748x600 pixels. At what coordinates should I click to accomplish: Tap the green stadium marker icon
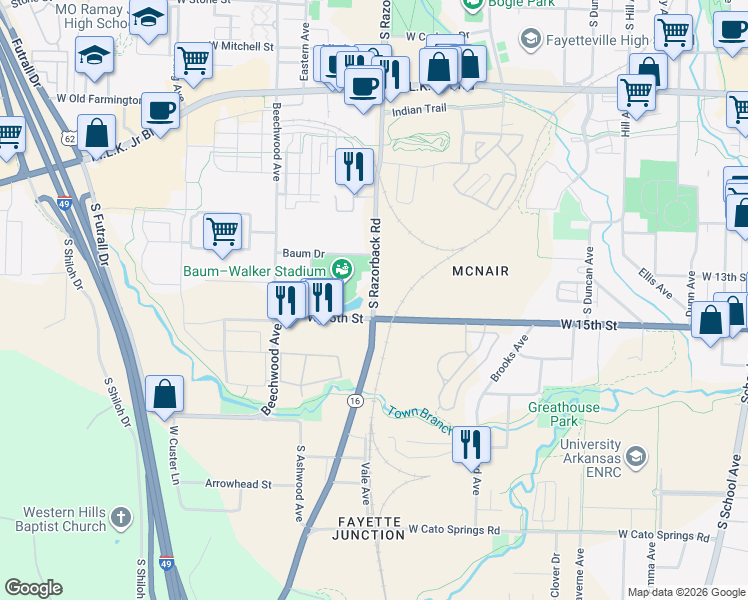(342, 269)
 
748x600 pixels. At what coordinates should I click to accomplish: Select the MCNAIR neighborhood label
(481, 271)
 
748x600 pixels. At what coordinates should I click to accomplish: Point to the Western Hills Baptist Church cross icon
(120, 518)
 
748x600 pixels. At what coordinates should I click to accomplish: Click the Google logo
(34, 588)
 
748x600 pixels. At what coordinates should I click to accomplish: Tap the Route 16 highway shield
(355, 400)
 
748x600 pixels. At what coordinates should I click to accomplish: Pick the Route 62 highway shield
(66, 136)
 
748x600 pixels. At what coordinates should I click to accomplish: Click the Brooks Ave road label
(508, 363)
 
